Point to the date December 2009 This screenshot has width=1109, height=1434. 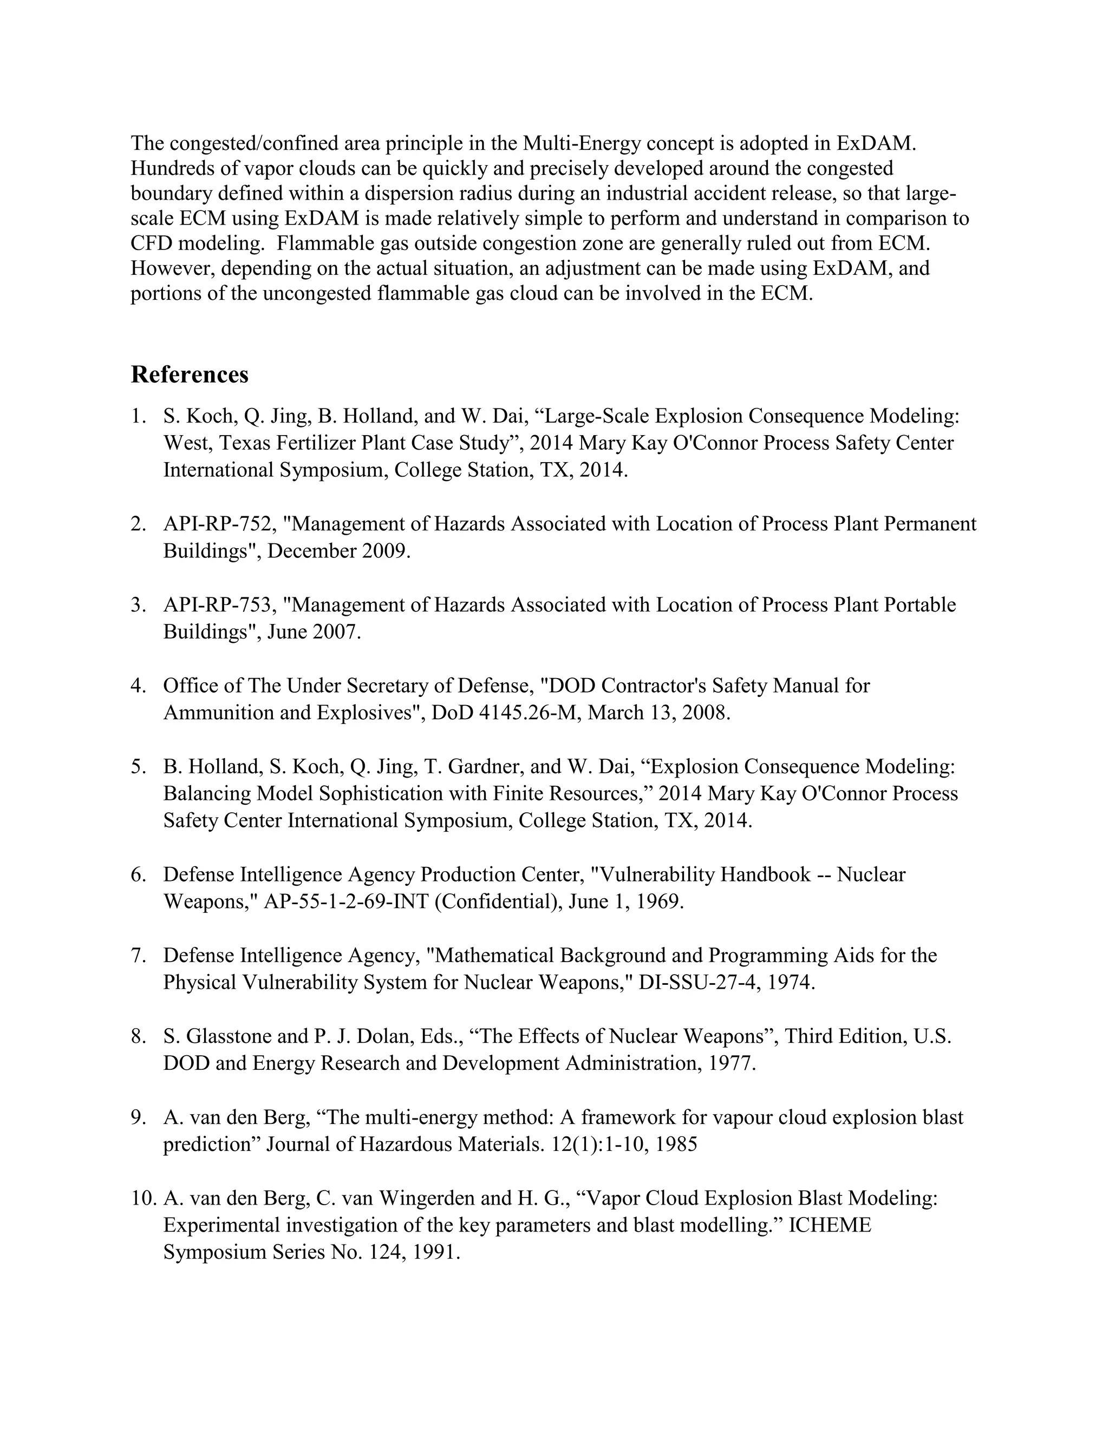coord(338,551)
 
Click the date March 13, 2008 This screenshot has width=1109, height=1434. coord(658,713)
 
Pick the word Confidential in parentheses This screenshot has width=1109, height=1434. coord(500,902)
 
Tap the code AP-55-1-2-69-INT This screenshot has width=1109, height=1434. coord(345,902)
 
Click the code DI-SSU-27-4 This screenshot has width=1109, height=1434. coord(693,982)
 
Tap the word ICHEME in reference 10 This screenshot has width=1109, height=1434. coord(829,1225)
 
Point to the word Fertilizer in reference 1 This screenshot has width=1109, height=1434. coord(315,443)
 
